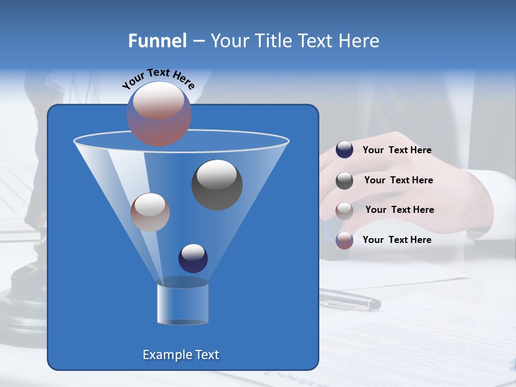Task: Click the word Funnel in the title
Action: (x=157, y=41)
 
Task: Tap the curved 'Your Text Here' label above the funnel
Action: (x=159, y=78)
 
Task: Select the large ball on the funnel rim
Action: (x=159, y=113)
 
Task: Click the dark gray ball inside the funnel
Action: (x=217, y=185)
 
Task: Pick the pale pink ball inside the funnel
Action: (x=150, y=212)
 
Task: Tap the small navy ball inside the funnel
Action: (x=193, y=258)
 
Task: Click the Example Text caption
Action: (x=181, y=355)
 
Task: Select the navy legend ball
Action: (x=345, y=149)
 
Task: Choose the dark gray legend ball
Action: (x=345, y=181)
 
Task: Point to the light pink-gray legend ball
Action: (x=345, y=210)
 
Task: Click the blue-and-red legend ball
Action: (x=345, y=240)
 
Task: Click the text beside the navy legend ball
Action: (x=397, y=150)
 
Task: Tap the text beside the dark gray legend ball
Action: (x=398, y=181)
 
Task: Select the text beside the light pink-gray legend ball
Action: (x=399, y=210)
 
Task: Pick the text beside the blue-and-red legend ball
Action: (x=397, y=240)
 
